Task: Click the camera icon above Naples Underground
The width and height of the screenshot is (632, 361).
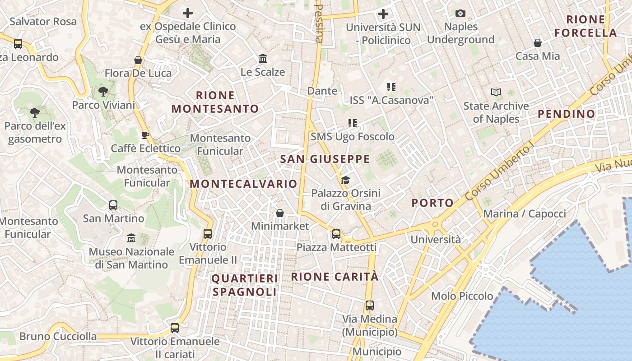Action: point(460,14)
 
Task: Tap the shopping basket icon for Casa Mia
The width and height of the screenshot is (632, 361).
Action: point(538,43)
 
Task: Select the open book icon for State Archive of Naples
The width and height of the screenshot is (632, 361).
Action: point(496,93)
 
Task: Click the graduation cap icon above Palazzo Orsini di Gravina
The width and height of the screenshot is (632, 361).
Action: point(345,180)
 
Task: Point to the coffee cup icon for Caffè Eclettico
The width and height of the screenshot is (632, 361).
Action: point(145,135)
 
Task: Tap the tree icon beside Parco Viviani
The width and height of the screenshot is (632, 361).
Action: point(103,92)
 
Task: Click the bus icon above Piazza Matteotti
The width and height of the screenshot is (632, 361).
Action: point(336,234)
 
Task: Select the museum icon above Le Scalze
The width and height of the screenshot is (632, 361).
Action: point(263,59)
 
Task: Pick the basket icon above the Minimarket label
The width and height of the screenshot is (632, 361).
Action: point(280,213)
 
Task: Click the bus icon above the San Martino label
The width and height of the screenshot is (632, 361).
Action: point(113,205)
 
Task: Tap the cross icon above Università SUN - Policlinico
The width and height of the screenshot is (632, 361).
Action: point(383,14)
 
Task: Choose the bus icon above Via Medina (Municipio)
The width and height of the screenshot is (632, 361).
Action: point(370,305)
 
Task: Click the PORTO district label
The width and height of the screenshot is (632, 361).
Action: point(432,203)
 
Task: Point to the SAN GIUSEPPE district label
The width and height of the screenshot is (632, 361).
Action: point(325,159)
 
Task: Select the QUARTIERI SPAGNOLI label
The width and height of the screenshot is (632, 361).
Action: point(245,285)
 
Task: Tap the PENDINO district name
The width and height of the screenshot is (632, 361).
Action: point(567,114)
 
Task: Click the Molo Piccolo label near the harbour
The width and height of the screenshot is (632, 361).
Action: point(462,296)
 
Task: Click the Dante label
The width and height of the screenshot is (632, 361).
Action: point(322,91)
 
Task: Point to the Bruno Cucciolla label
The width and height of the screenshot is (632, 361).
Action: point(58,336)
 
